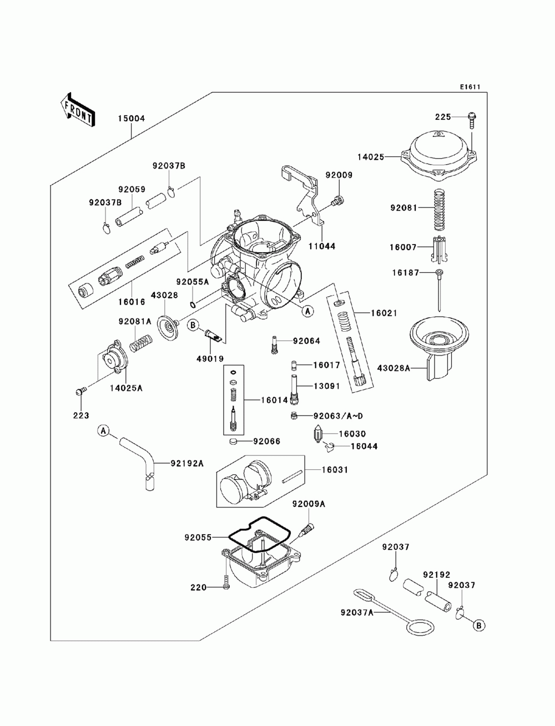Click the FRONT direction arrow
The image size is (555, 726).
pos(78,108)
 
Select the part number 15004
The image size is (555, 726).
pos(131,118)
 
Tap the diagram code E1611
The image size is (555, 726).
pos(469,87)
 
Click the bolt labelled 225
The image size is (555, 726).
pos(472,118)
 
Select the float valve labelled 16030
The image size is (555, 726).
pos(319,434)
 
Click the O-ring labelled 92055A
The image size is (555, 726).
pos(192,304)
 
